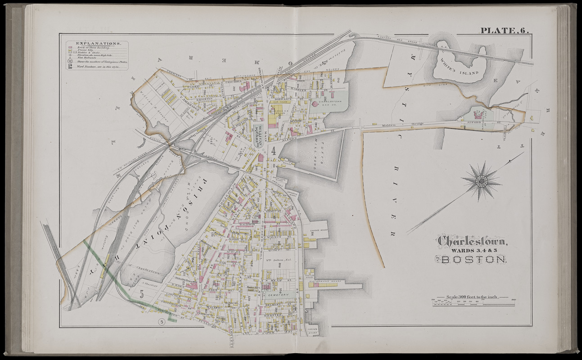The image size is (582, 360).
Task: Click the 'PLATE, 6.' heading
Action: [x=504, y=31]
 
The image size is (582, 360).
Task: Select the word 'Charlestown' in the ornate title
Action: [x=473, y=242]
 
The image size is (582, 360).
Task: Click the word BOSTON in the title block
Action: [x=474, y=260]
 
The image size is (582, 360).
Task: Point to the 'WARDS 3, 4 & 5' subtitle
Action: [x=473, y=251]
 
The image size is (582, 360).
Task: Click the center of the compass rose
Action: [x=481, y=181]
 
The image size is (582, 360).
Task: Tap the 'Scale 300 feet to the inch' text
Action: [x=473, y=297]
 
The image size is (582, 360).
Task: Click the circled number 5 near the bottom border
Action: [x=161, y=321]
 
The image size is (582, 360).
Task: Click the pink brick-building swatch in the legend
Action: [x=70, y=47]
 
